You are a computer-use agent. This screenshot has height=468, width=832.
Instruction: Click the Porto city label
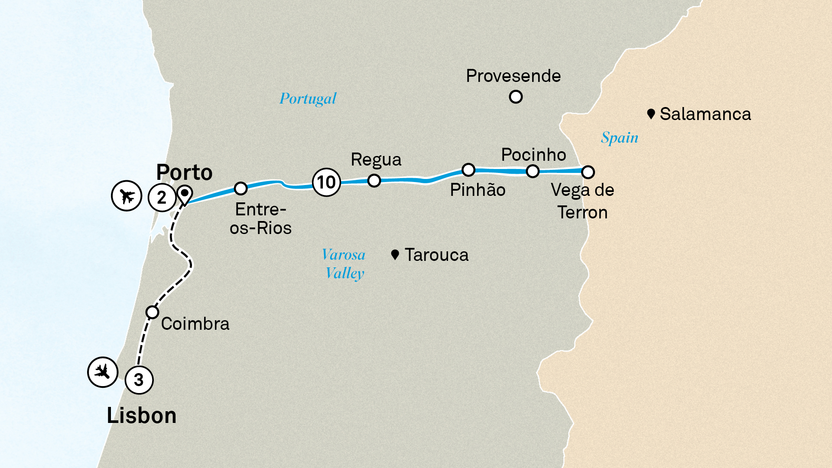click(x=184, y=172)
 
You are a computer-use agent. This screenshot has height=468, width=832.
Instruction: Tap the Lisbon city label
click(x=142, y=416)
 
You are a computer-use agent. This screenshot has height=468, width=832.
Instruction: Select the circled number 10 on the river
click(x=326, y=182)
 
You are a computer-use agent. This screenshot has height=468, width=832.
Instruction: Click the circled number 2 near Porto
click(x=162, y=198)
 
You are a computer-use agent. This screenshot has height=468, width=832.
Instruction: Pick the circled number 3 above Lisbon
click(x=139, y=380)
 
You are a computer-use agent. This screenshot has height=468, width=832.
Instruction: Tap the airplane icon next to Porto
click(x=127, y=196)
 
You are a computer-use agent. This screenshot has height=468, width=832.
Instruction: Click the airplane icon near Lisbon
click(x=103, y=372)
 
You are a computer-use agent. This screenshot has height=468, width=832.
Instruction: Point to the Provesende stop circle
click(x=516, y=97)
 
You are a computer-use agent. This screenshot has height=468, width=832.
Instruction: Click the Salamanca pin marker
click(x=650, y=114)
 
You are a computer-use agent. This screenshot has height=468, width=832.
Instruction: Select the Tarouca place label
click(x=436, y=255)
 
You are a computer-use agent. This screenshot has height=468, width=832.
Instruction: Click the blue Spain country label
click(x=619, y=138)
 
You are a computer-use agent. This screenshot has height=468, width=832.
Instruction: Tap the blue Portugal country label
click(x=308, y=99)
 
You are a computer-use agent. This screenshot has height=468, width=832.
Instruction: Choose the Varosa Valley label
click(x=344, y=263)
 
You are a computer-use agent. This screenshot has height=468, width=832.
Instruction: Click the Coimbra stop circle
click(x=152, y=312)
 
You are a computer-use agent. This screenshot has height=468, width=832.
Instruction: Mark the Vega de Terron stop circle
click(x=588, y=172)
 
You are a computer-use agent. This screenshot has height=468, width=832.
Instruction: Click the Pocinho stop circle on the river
click(x=533, y=171)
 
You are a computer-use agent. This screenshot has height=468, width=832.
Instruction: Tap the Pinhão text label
click(x=478, y=190)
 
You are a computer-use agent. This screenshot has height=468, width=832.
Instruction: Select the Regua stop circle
click(x=374, y=180)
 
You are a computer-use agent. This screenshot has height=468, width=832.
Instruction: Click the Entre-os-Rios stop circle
click(x=240, y=188)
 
